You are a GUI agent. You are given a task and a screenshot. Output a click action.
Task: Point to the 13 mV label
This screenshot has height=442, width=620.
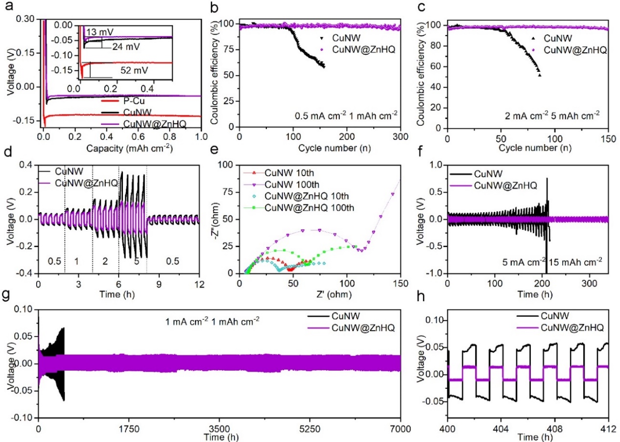click(100, 31)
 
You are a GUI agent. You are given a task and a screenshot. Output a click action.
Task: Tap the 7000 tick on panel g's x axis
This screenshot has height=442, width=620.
click(401, 426)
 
